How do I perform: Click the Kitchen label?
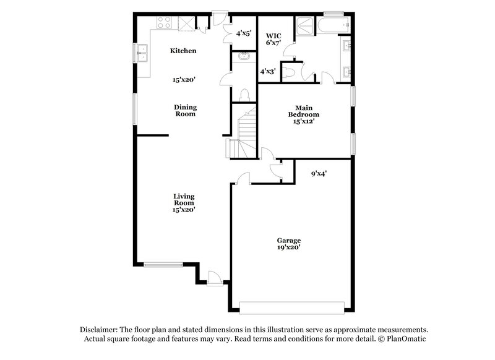184,51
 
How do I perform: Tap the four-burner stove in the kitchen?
165,23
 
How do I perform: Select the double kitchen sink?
144,54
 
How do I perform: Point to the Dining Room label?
184,110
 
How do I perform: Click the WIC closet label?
273,39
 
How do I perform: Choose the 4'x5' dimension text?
244,33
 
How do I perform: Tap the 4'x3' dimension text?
267,72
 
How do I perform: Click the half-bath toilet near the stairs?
244,95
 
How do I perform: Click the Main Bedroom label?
304,114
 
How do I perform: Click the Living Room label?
184,203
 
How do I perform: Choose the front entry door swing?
213,278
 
